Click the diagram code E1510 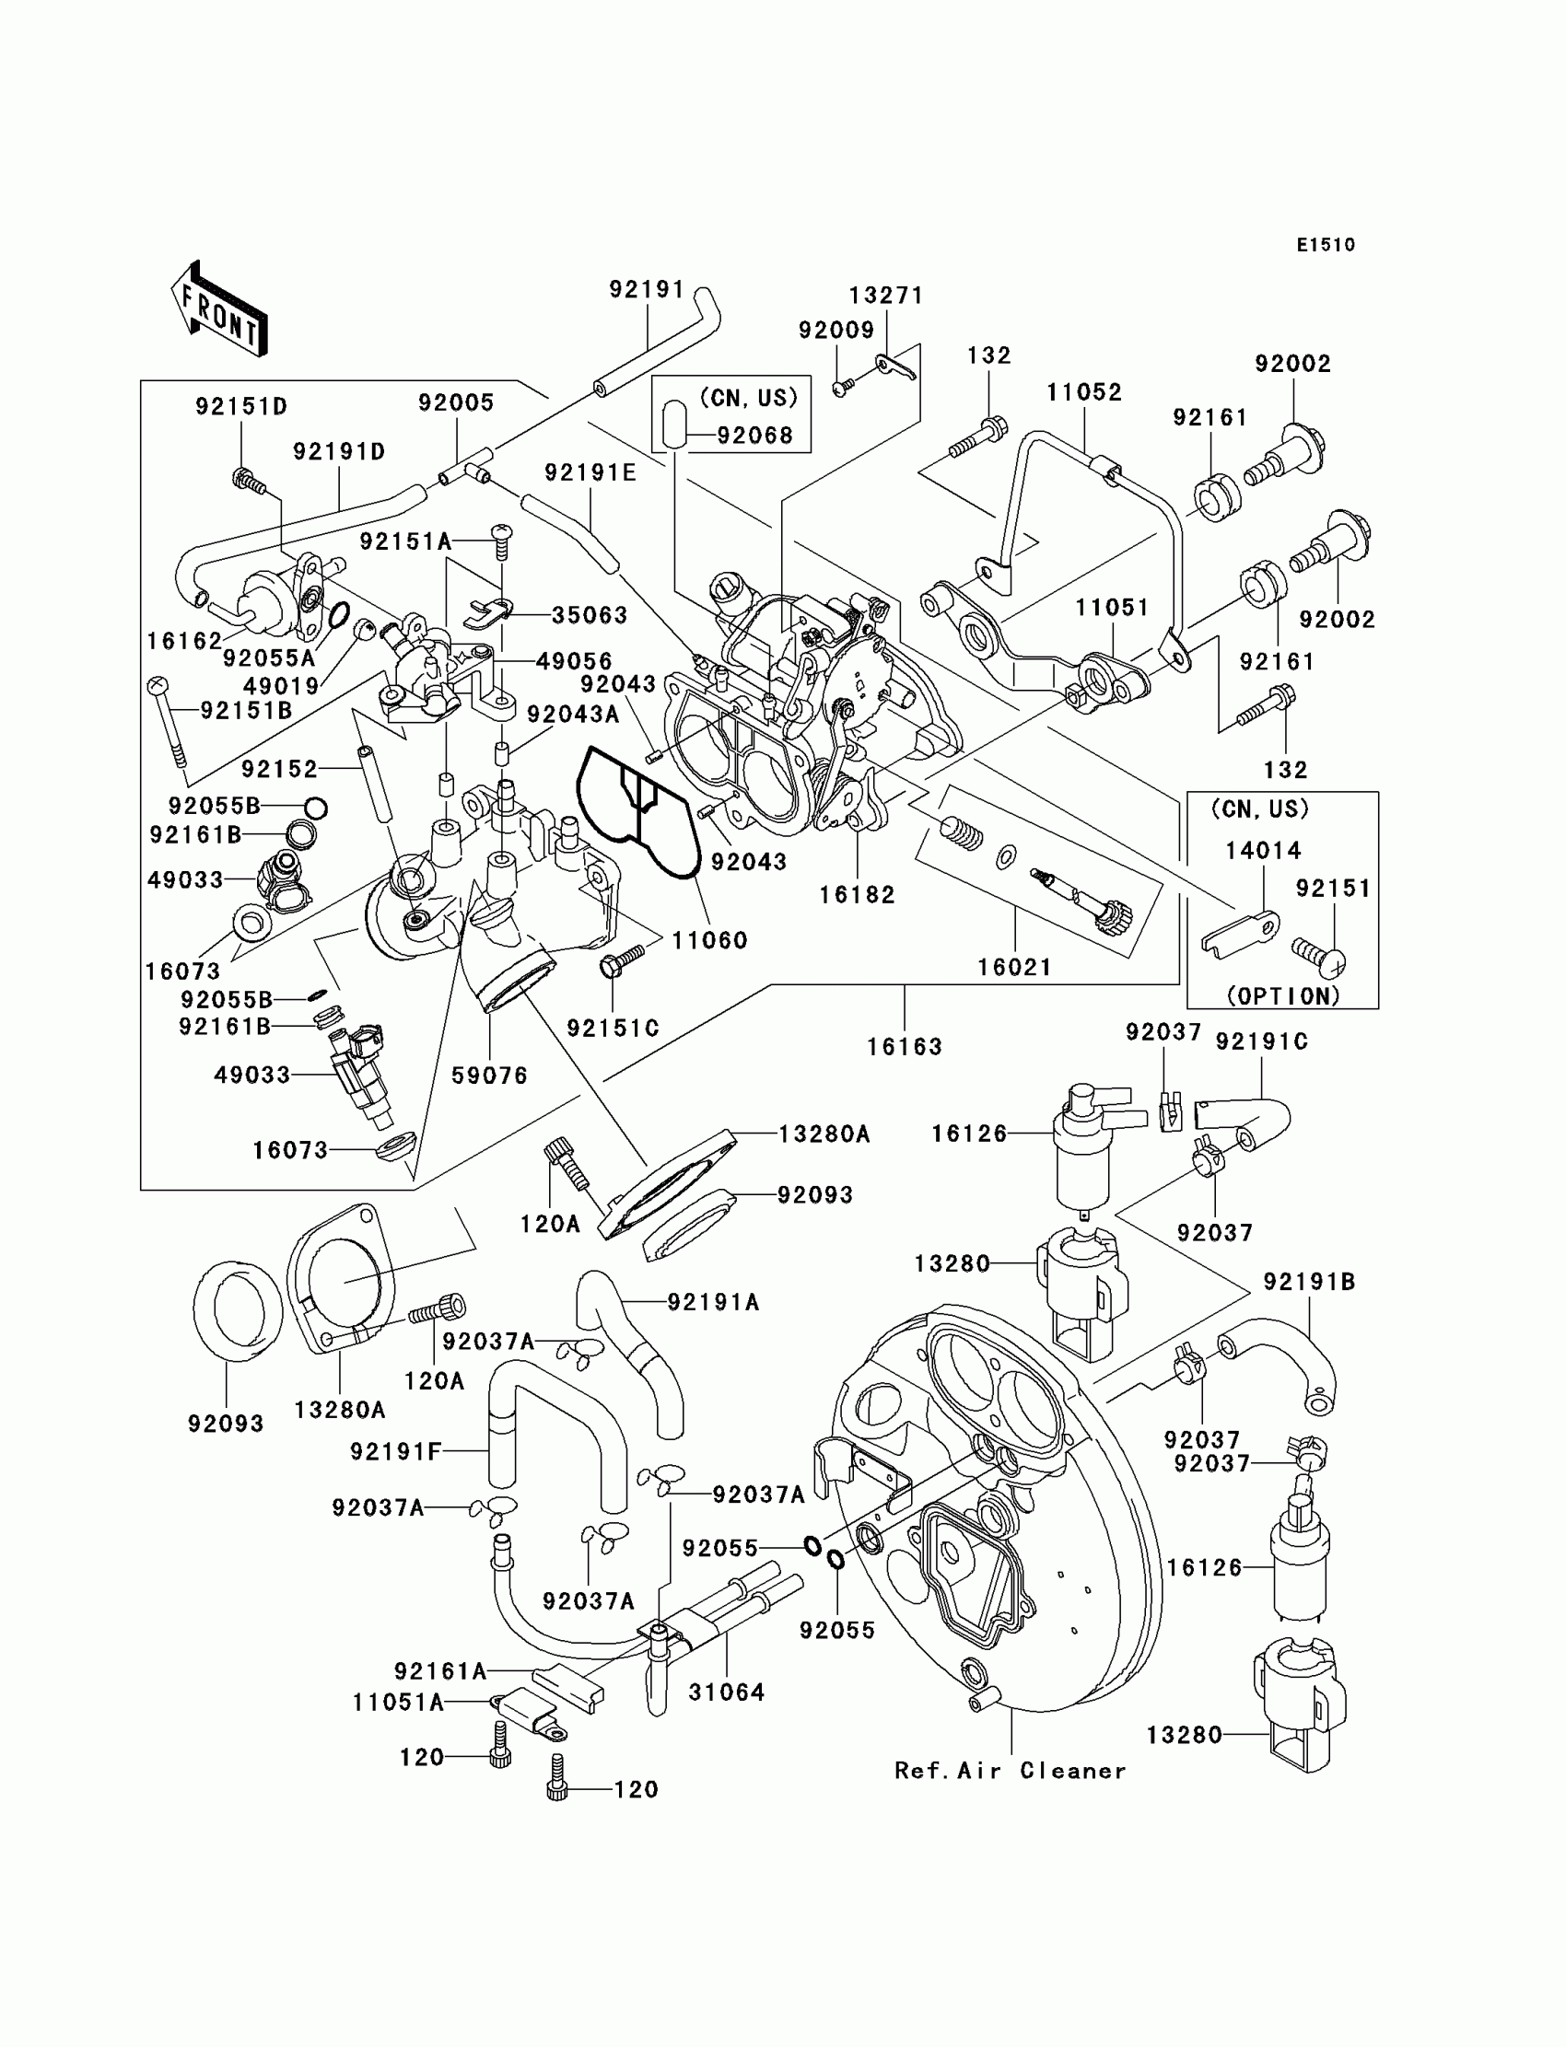pos(1326,245)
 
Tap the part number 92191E pos(590,473)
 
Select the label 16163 pos(905,1046)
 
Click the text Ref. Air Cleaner pos(1011,1770)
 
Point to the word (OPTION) pos(1282,995)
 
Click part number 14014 pos(1263,850)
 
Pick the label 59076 pos(489,1076)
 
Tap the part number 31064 pos(726,1691)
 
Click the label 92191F pos(395,1451)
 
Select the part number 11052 pos(1084,392)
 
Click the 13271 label pos(885,296)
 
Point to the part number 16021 pos(1014,967)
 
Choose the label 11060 pos(709,940)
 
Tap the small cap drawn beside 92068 pos(675,420)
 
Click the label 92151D pos(241,406)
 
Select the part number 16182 pos(857,894)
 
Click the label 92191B pos(1309,1282)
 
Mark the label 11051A pos(398,1703)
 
